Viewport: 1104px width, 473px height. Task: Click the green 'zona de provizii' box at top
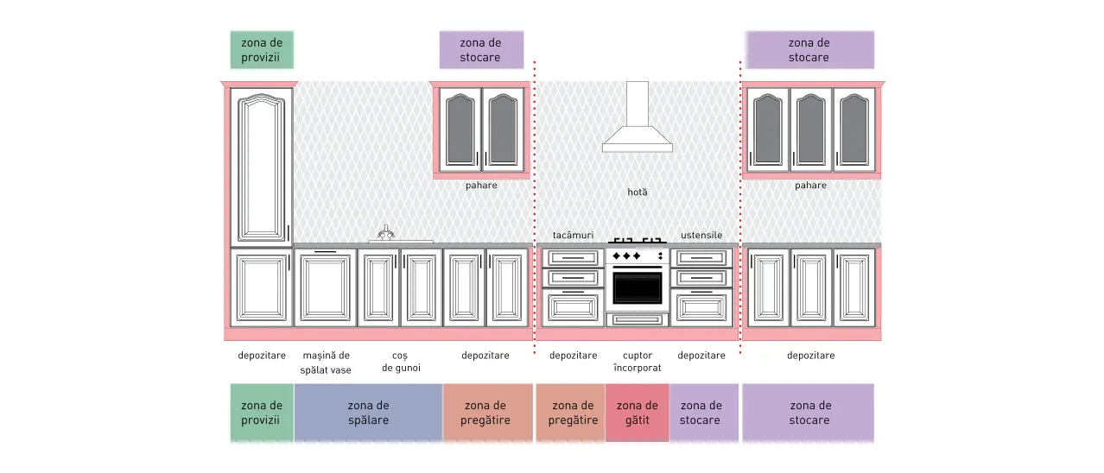pos(262,50)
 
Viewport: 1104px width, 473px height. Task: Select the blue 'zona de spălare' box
pos(368,413)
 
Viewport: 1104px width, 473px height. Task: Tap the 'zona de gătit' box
pos(637,413)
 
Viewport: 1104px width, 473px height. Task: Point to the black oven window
pos(638,288)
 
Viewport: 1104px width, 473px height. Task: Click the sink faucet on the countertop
pos(386,233)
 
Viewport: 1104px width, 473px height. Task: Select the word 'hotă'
pos(638,192)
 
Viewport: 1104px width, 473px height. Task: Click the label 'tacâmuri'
pos(573,235)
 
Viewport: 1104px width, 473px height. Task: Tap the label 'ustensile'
pos(701,235)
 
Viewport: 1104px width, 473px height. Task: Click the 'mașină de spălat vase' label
pos(326,363)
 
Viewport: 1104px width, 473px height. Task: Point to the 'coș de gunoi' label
pos(401,362)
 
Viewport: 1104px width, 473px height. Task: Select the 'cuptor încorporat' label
pos(638,362)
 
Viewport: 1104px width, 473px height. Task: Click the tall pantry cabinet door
pos(262,167)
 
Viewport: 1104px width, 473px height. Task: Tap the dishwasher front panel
pos(326,288)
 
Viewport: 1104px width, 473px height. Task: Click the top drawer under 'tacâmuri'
pos(574,258)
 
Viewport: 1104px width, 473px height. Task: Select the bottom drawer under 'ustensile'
pos(701,308)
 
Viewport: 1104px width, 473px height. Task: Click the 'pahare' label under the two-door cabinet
pos(481,185)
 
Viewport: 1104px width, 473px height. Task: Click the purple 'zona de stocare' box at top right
pos(809,50)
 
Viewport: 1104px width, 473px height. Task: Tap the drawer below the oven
pos(638,319)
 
